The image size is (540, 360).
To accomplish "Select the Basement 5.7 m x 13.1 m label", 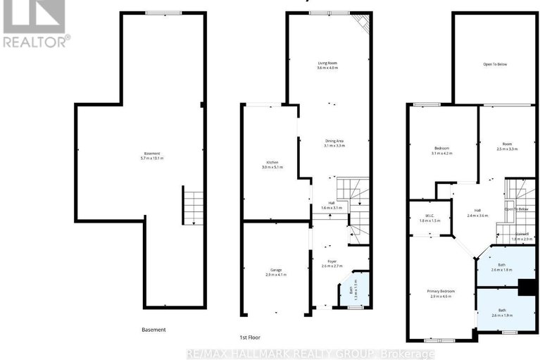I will [x=153, y=156].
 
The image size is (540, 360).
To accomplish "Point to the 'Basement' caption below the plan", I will [x=153, y=329].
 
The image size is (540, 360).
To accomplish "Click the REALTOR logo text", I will [x=35, y=41].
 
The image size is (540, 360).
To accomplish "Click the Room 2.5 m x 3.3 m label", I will [x=507, y=147].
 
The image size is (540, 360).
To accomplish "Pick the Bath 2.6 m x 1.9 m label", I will [x=501, y=312].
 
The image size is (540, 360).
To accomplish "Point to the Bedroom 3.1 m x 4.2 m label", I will [x=441, y=150].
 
